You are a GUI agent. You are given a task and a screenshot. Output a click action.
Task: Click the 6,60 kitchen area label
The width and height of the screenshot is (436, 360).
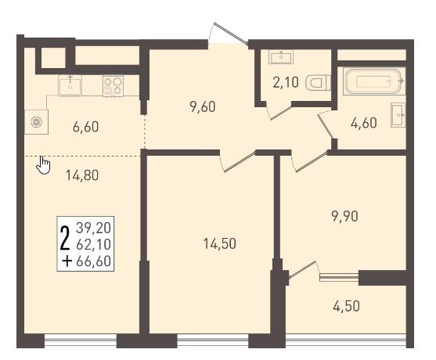tap(85, 127)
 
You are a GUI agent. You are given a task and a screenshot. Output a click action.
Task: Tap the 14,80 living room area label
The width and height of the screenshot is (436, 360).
tap(82, 175)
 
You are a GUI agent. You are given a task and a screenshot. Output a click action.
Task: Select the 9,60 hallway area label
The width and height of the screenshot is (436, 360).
tap(203, 107)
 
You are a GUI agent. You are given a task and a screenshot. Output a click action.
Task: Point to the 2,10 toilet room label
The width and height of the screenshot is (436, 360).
tap(286, 82)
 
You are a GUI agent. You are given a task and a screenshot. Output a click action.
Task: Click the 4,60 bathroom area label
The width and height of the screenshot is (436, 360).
tap(364, 123)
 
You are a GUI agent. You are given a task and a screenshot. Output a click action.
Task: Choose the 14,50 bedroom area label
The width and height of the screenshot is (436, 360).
tap(220, 244)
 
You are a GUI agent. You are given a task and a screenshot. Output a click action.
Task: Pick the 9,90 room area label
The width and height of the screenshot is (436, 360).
tap(344, 216)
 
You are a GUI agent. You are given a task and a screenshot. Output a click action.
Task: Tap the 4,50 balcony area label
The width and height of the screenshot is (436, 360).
tap(346, 306)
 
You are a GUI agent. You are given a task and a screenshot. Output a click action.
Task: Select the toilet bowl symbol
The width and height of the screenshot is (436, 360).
tap(318, 82)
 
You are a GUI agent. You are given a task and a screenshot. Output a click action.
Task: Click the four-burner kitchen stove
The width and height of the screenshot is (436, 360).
tap(113, 85)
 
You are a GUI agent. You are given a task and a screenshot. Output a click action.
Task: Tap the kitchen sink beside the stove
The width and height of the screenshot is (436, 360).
tap(70, 85)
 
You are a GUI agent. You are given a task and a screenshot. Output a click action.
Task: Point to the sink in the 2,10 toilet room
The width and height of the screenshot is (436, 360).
tap(281, 56)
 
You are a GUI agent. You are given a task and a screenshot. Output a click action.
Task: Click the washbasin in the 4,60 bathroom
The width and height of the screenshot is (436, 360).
tap(398, 115)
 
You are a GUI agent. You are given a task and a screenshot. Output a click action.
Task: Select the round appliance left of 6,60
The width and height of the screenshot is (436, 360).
tap(37, 122)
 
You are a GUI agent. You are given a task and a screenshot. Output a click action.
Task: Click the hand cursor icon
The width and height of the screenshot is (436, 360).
tap(43, 165)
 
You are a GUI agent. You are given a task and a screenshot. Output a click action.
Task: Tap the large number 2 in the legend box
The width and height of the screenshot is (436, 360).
tap(65, 238)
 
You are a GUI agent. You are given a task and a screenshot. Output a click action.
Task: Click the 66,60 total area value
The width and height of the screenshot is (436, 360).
tap(93, 261)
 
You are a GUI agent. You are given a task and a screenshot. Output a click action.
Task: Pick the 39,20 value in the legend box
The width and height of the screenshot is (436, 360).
tap(93, 228)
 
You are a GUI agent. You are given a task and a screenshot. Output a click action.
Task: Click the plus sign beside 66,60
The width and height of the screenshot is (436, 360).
tap(67, 261)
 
